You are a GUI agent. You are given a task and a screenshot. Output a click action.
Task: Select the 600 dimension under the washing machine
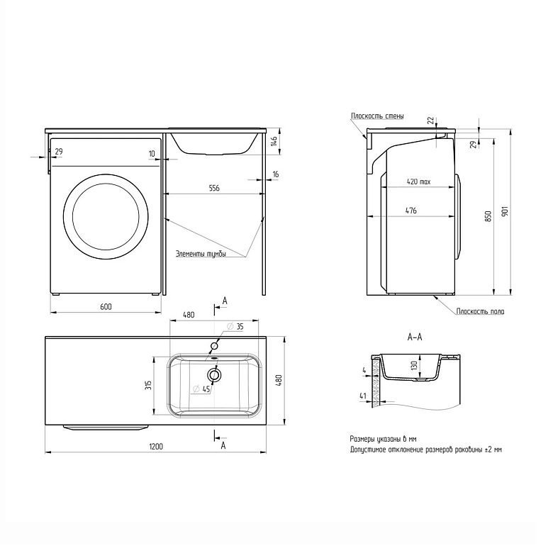[x=105, y=306]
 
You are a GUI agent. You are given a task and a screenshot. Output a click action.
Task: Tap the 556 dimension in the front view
[x=213, y=188]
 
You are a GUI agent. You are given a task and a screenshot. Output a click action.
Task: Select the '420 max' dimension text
[x=419, y=181]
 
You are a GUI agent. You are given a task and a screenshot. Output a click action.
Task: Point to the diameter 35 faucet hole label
[x=236, y=327]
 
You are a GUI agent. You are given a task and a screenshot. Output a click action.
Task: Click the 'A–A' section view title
[x=415, y=337]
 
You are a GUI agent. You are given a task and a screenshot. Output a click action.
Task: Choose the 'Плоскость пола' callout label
[x=480, y=311]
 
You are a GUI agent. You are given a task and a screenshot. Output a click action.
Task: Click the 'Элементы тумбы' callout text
[x=201, y=254]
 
